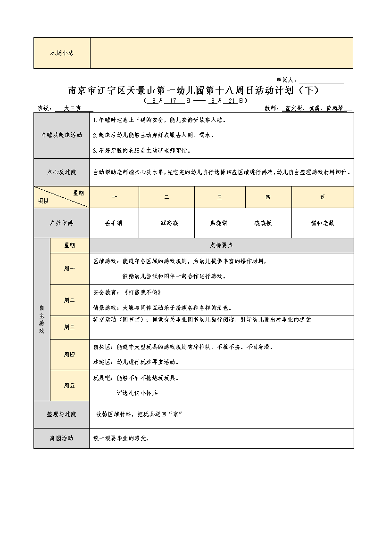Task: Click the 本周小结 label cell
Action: pyautogui.click(x=62, y=53)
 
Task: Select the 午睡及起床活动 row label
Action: pyautogui.click(x=62, y=135)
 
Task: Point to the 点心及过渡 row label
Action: pyautogui.click(x=62, y=172)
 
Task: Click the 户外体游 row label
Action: pyautogui.click(x=62, y=223)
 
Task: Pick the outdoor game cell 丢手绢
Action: pyautogui.click(x=114, y=223)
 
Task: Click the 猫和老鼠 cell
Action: pyautogui.click(x=323, y=223)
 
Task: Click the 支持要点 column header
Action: pyautogui.click(x=221, y=245)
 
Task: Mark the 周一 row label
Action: pyautogui.click(x=69, y=269)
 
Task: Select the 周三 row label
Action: pyautogui.click(x=69, y=327)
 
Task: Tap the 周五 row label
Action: pyautogui.click(x=69, y=385)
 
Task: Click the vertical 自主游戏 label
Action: pyautogui.click(x=41, y=320)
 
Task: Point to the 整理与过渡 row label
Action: pyautogui.click(x=62, y=414)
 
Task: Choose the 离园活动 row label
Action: pyautogui.click(x=62, y=438)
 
